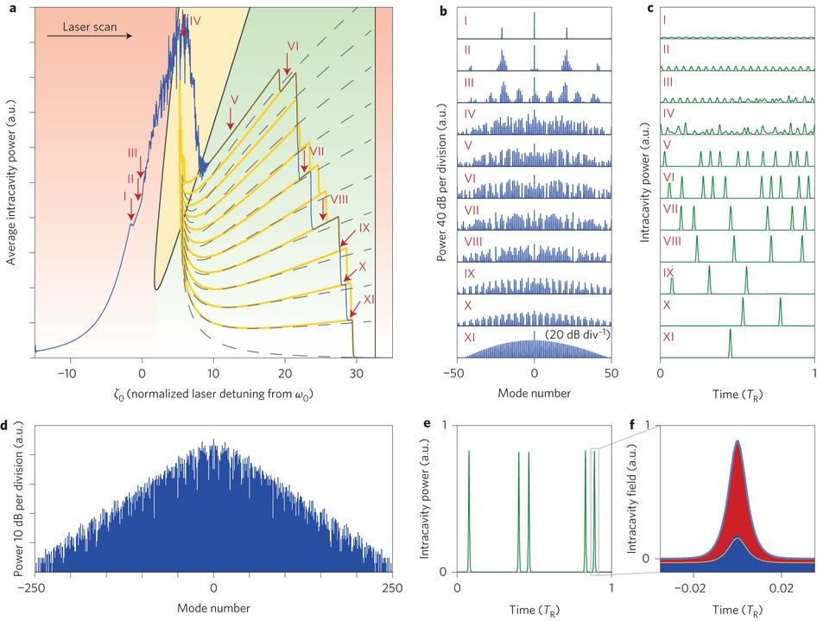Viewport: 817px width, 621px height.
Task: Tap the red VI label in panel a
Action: [x=292, y=46]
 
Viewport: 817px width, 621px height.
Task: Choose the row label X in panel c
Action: [x=667, y=304]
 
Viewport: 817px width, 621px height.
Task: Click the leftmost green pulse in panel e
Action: [x=469, y=510]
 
